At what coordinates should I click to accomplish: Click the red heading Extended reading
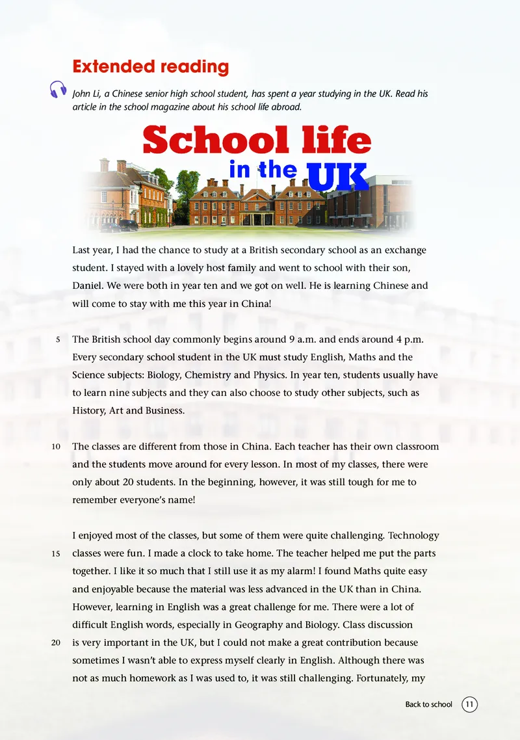(x=150, y=66)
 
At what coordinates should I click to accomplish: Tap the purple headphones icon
(x=58, y=90)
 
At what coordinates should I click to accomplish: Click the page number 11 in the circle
(x=469, y=704)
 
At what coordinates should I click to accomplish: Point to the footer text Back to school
(x=428, y=704)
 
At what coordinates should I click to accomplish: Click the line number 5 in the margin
(x=58, y=339)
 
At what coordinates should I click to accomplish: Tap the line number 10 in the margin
(x=56, y=447)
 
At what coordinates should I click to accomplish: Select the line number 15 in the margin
(x=56, y=554)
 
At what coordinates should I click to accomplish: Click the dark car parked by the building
(x=127, y=225)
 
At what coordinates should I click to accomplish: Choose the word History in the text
(x=88, y=411)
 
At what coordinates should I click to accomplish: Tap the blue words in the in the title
(x=263, y=170)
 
